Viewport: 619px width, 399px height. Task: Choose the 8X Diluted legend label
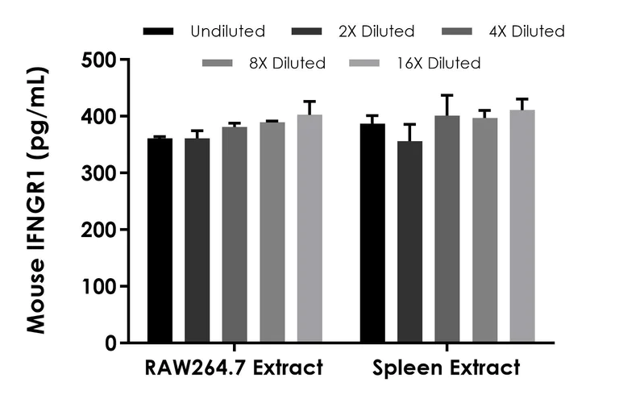click(x=289, y=63)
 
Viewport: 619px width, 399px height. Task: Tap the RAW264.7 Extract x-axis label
click(x=235, y=369)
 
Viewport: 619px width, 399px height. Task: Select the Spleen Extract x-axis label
click(x=447, y=369)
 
